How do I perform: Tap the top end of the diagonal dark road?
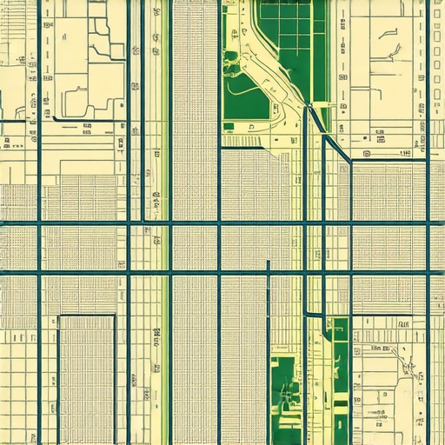pyautogui.click(x=309, y=107)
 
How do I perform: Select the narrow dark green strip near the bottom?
pyautogui.click(x=341, y=382)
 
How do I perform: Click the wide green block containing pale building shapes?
pyautogui.click(x=287, y=391)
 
